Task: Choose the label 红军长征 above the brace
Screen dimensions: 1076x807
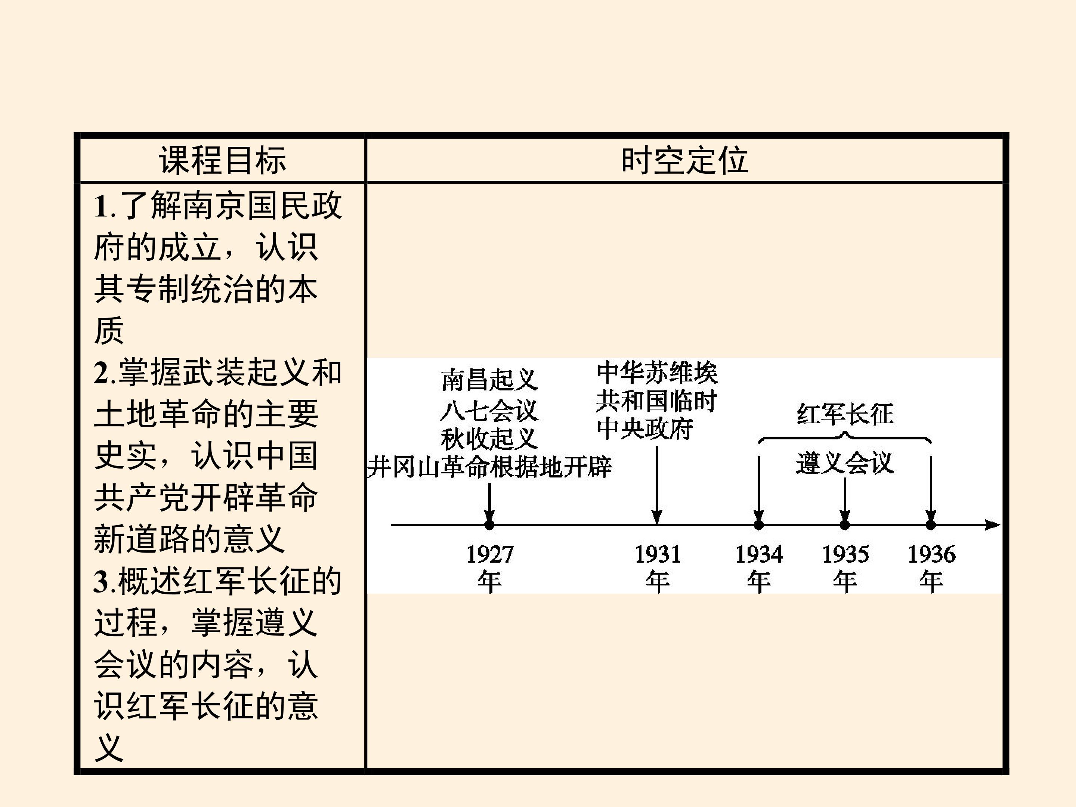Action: coord(845,414)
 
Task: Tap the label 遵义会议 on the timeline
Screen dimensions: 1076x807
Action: coord(845,463)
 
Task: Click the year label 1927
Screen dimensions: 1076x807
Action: coord(490,554)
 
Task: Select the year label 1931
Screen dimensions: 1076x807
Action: coord(657,554)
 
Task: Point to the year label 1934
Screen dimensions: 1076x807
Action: coord(759,554)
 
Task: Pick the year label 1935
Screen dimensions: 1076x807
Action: coord(845,554)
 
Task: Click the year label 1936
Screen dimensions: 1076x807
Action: coord(931,554)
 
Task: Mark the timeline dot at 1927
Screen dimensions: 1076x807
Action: coord(489,525)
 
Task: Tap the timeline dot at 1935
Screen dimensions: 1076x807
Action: coord(845,525)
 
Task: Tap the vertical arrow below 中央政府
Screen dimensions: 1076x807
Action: coord(657,485)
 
